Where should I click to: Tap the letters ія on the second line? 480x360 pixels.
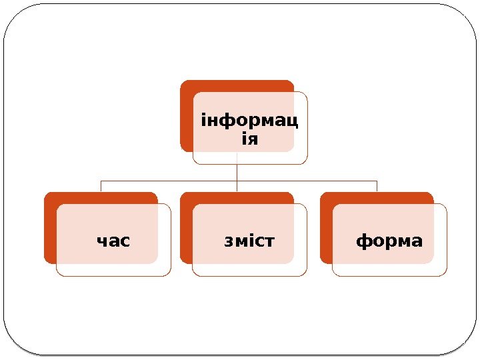[x=249, y=140]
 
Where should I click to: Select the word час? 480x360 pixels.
[x=113, y=240]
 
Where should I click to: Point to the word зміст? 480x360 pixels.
[x=249, y=240]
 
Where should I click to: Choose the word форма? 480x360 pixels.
[x=389, y=240]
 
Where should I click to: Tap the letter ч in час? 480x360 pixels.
[x=102, y=240]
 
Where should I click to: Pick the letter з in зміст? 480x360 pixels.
[x=229, y=240]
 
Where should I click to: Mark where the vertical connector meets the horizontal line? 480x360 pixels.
[x=237, y=181]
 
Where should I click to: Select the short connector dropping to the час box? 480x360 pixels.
[x=101, y=186]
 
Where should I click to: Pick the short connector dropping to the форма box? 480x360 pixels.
[x=377, y=186]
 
